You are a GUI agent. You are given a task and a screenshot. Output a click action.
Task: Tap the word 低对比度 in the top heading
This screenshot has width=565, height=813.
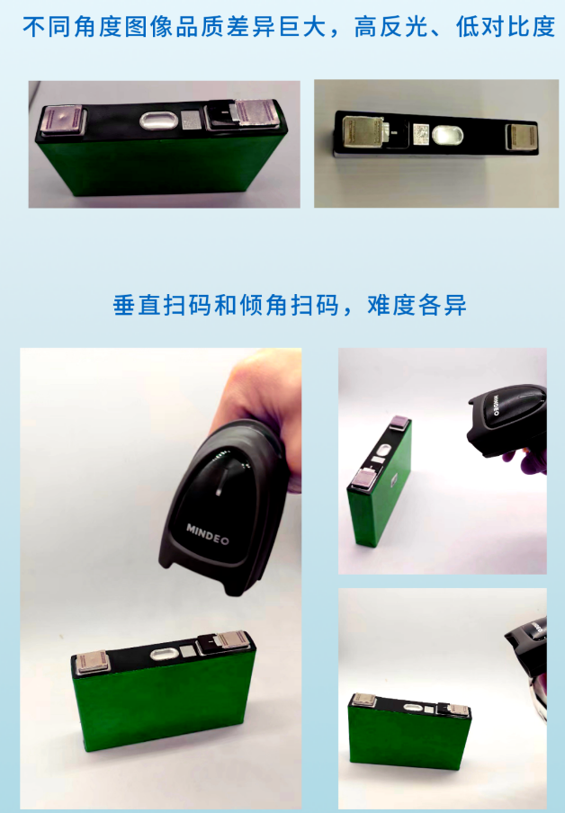(506, 27)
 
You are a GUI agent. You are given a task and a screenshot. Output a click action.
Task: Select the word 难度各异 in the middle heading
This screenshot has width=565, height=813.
(417, 305)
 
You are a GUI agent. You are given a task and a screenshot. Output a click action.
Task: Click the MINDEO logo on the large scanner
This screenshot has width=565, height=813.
(208, 534)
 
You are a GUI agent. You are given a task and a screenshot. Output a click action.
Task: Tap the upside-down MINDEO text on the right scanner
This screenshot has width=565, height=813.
(496, 405)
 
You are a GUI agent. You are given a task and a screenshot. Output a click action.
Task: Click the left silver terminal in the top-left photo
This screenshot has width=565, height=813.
(62, 121)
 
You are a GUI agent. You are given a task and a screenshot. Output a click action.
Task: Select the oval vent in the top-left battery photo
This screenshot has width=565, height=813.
(159, 121)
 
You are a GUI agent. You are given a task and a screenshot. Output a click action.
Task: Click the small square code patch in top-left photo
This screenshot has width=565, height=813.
(191, 120)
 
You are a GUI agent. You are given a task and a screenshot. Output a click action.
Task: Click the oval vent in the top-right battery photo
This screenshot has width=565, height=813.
(447, 135)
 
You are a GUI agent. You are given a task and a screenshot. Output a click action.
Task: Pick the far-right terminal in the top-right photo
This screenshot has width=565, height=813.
(521, 137)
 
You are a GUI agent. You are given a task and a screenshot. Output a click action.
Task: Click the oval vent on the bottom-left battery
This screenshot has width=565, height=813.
(166, 653)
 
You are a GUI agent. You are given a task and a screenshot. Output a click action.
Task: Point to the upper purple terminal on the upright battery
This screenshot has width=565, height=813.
(399, 423)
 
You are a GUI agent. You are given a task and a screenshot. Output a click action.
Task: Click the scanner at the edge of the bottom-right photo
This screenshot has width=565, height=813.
(528, 664)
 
